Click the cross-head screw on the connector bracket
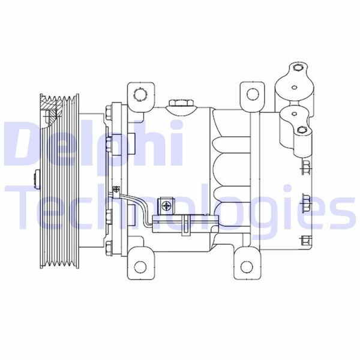(165, 206)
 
